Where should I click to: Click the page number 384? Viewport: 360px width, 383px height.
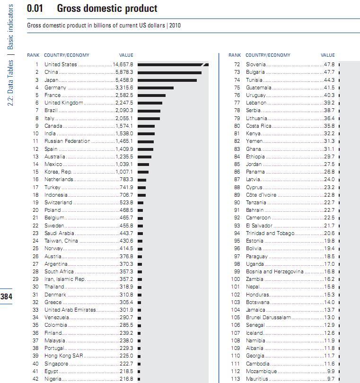[6, 297]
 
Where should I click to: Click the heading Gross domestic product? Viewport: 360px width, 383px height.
[107, 9]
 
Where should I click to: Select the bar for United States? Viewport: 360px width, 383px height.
[173, 65]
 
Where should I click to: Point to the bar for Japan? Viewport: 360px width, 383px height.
[167, 80]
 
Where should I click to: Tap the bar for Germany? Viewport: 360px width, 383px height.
[156, 87]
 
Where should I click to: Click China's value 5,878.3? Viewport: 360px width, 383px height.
[124, 72]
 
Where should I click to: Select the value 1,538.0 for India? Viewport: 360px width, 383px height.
[124, 134]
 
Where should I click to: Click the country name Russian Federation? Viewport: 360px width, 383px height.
[67, 141]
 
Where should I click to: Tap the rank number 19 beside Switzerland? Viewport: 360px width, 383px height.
[35, 202]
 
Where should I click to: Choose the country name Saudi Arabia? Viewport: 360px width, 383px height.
[59, 233]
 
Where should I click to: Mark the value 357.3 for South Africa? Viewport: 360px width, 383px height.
[127, 272]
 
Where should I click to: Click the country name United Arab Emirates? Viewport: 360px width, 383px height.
[70, 310]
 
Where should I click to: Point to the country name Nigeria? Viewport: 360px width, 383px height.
[53, 379]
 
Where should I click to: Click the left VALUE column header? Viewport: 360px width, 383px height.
[126, 55]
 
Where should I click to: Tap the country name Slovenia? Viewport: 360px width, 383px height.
[256, 65]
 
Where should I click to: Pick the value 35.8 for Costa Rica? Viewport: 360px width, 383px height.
[329, 126]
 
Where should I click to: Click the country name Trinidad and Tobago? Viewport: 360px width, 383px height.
[270, 234]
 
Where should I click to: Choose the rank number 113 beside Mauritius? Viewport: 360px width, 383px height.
[235, 379]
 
